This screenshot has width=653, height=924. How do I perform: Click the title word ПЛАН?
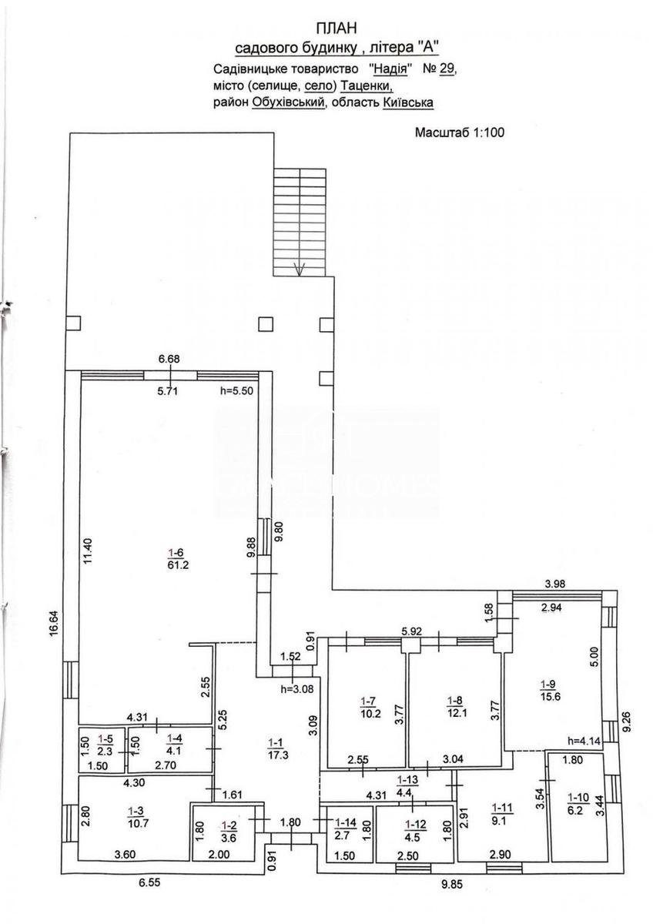click(x=337, y=28)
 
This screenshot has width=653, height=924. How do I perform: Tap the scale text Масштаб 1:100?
click(x=459, y=132)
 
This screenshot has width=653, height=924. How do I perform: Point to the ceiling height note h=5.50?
click(x=236, y=390)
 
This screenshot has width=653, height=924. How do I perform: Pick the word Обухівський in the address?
click(x=288, y=102)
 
